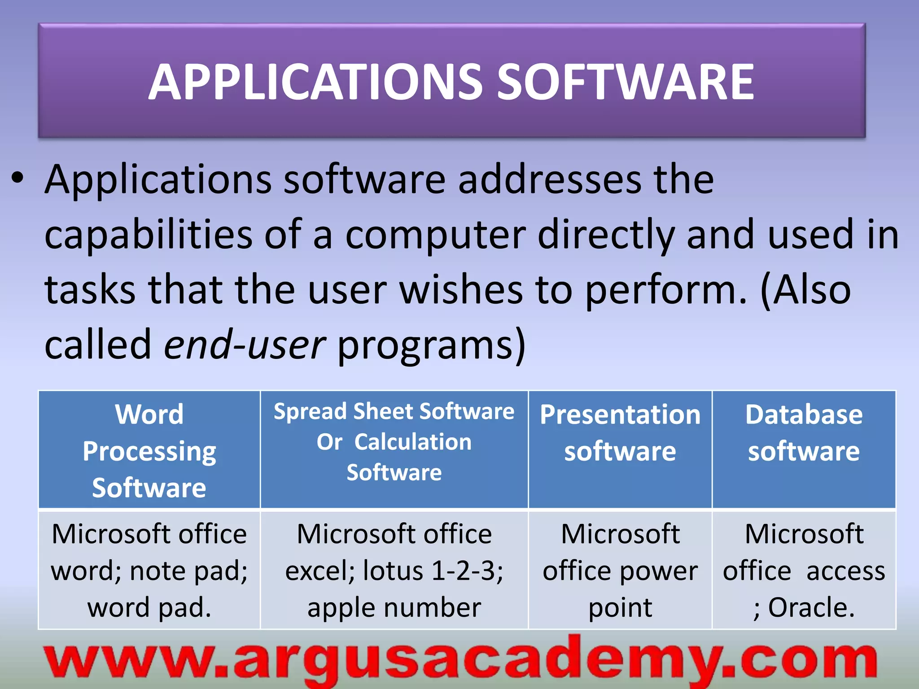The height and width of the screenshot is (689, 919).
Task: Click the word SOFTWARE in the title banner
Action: point(626,82)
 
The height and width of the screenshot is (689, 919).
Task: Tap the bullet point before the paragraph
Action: point(17,179)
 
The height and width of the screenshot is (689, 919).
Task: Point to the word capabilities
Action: point(149,235)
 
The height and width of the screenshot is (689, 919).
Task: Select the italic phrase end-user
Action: point(245,344)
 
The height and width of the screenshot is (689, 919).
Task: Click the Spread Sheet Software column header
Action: point(394,441)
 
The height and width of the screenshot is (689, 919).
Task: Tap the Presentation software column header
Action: point(620,432)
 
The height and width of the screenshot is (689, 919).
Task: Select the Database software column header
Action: point(804,432)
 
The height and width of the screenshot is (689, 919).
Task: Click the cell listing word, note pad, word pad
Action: point(149,570)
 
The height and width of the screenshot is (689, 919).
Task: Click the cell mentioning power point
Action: point(620,570)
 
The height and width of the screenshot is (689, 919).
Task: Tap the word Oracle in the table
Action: point(811,607)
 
